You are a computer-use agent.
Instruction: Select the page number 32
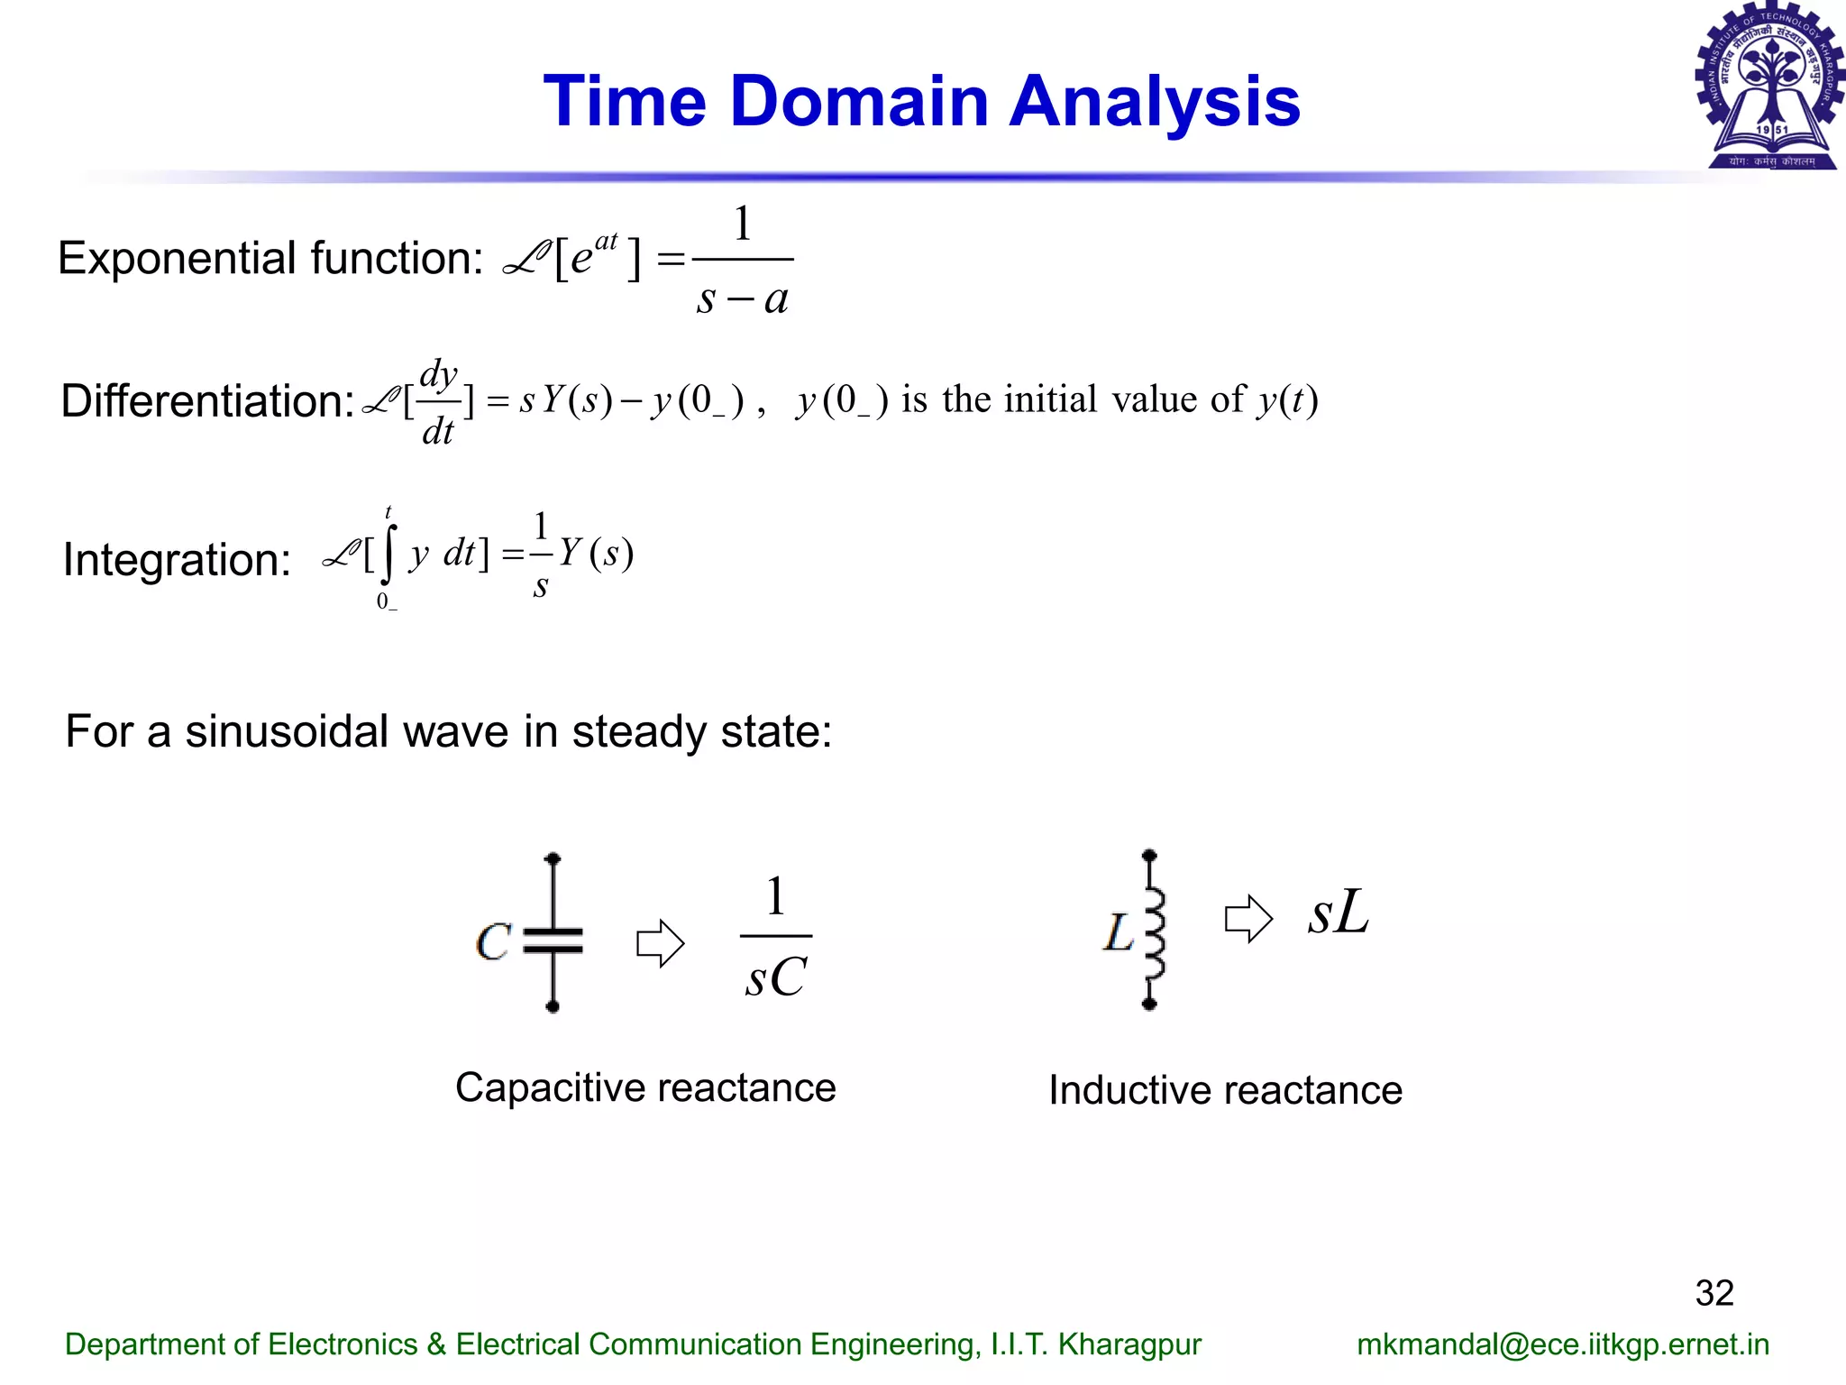point(1713,1293)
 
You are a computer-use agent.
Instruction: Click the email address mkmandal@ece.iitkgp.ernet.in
point(1562,1344)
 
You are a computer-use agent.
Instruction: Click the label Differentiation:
point(206,401)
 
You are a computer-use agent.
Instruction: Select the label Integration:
point(177,560)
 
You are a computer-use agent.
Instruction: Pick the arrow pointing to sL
point(1248,919)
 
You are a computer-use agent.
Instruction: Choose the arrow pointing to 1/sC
point(660,943)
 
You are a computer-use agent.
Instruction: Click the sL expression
point(1339,913)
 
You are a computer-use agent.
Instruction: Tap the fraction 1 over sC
point(775,938)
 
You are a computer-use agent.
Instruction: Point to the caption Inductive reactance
point(1225,1091)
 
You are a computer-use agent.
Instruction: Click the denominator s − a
point(742,298)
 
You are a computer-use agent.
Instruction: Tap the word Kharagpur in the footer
point(1129,1344)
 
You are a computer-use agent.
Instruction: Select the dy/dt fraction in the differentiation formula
point(438,401)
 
